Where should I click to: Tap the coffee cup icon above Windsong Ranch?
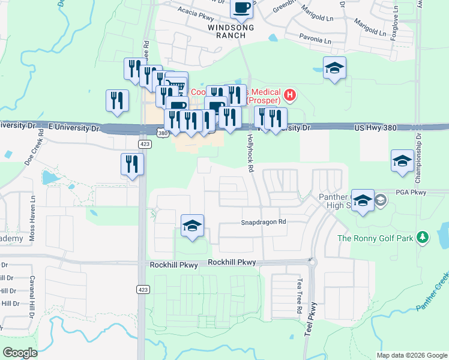coord(241,8)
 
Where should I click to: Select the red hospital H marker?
coord(291,94)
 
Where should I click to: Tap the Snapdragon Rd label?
coord(264,221)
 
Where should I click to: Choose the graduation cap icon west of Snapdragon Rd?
coord(192,226)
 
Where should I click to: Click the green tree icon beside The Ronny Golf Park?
coord(423,238)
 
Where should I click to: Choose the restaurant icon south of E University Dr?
coord(131,164)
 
